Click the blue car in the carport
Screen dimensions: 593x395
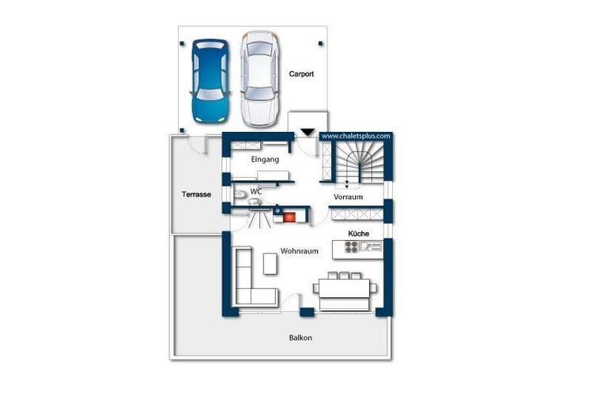[210, 81]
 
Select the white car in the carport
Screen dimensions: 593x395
[260, 79]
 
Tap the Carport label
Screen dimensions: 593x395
[301, 74]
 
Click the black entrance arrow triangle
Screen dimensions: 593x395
[308, 132]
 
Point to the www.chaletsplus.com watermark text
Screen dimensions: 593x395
[356, 136]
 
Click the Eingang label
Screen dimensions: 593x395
[265, 160]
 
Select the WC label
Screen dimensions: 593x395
[256, 192]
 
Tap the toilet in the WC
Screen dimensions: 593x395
[240, 194]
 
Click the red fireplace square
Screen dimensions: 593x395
[289, 217]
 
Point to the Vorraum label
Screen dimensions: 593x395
[349, 197]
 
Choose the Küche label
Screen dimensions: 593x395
[358, 234]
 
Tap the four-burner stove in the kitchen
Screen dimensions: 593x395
[351, 247]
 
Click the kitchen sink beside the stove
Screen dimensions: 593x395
[371, 246]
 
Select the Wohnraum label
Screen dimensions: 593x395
[300, 251]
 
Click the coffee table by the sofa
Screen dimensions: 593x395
[270, 264]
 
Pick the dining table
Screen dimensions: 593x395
[344, 288]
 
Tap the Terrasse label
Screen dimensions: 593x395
[196, 194]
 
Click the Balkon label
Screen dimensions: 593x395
[300, 338]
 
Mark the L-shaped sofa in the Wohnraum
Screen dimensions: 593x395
[244, 295]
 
